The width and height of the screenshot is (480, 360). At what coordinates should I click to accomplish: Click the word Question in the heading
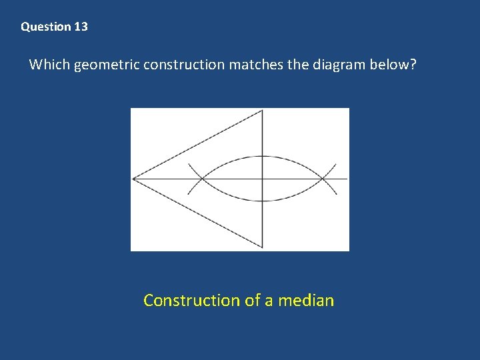tap(45, 27)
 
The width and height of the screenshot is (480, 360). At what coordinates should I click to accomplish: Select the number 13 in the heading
tap(81, 27)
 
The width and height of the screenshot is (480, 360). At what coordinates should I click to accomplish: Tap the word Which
tap(49, 65)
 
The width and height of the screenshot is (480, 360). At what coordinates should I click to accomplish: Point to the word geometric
tap(106, 65)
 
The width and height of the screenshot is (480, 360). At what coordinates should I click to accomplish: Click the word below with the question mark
tap(399, 65)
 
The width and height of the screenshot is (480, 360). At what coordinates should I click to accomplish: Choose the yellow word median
tap(306, 301)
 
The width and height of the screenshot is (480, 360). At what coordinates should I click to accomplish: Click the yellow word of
tap(253, 301)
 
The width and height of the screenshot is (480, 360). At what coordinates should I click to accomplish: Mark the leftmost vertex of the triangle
tap(133, 179)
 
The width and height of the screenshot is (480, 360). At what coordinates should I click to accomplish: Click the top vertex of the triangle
tap(263, 111)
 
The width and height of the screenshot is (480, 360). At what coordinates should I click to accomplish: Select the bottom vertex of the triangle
tap(263, 247)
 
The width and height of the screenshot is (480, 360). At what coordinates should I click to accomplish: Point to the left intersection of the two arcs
tap(202, 179)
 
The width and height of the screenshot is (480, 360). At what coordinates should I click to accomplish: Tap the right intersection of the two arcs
tap(323, 179)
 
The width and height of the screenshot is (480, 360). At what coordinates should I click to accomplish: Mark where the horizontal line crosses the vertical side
tap(263, 179)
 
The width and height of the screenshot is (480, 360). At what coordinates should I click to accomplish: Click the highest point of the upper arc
tap(263, 157)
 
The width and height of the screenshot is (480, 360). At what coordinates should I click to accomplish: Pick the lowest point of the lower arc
tap(263, 201)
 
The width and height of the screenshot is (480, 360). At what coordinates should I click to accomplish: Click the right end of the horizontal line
tap(347, 179)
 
